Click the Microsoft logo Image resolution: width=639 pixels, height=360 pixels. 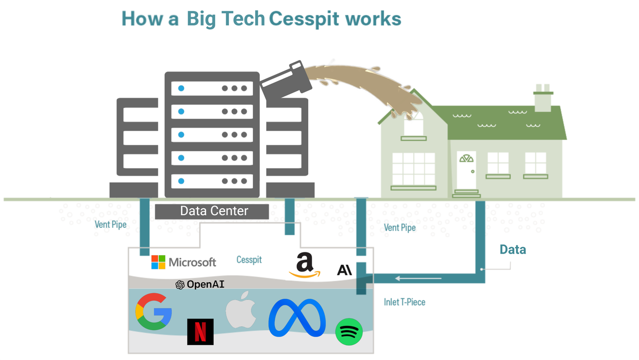click(x=184, y=262)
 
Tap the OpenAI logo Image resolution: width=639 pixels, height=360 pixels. click(x=200, y=285)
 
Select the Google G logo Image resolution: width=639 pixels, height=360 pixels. click(x=154, y=312)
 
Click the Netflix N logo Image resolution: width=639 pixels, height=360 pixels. click(x=200, y=331)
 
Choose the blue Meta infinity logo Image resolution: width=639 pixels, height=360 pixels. click(x=297, y=317)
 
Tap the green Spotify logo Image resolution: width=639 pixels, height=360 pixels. click(x=349, y=331)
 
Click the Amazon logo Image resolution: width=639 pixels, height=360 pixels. click(x=305, y=265)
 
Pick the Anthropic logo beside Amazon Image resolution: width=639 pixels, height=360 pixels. click(x=345, y=269)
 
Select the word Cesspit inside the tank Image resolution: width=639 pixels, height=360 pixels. click(x=249, y=260)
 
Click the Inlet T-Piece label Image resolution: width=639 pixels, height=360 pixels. click(x=405, y=302)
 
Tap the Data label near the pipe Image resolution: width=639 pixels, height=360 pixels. click(x=512, y=249)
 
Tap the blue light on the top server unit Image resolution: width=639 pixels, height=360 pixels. click(x=181, y=88)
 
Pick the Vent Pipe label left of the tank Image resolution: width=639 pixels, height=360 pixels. click(x=111, y=224)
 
